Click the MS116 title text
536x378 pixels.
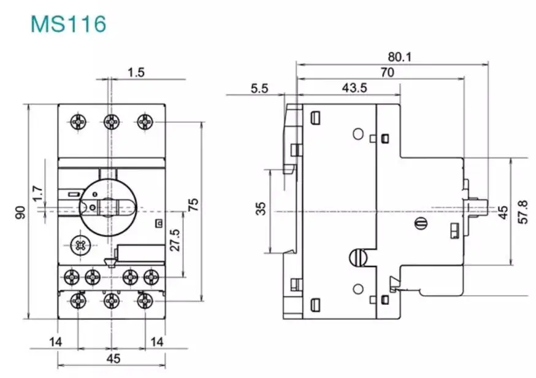pyautogui.click(x=69, y=24)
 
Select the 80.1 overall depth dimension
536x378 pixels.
pyautogui.click(x=399, y=57)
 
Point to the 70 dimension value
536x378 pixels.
pyautogui.click(x=386, y=72)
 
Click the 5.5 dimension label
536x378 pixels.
pyautogui.click(x=259, y=88)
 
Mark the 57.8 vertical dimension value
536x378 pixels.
pyautogui.click(x=523, y=212)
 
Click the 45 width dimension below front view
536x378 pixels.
pyautogui.click(x=113, y=358)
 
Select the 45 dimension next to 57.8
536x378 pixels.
pyautogui.click(x=503, y=212)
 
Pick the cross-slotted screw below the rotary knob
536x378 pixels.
pyautogui.click(x=80, y=245)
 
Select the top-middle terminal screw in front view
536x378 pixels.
pyautogui.click(x=110, y=121)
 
